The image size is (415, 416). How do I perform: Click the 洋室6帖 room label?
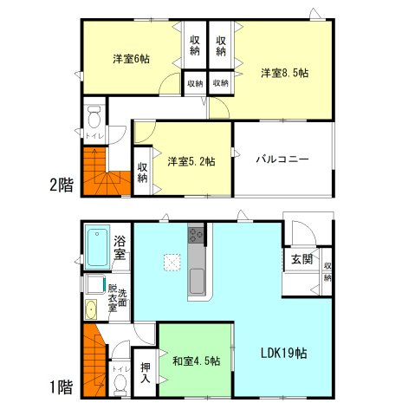point(131,59)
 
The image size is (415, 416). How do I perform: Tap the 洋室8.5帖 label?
point(285,73)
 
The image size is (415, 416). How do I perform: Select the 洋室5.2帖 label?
point(191,161)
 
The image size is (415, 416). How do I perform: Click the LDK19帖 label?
point(286,354)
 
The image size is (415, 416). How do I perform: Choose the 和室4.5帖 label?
point(196,361)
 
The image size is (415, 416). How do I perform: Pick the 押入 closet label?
point(144,372)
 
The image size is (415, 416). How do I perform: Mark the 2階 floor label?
point(61,185)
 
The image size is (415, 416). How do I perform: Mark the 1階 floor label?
point(61,387)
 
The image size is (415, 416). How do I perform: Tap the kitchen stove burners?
point(197,234)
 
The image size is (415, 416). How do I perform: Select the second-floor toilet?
point(94,116)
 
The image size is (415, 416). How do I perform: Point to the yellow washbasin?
point(90,309)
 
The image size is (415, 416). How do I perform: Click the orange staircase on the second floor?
point(105,170)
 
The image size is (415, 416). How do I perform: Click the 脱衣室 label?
point(113,296)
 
